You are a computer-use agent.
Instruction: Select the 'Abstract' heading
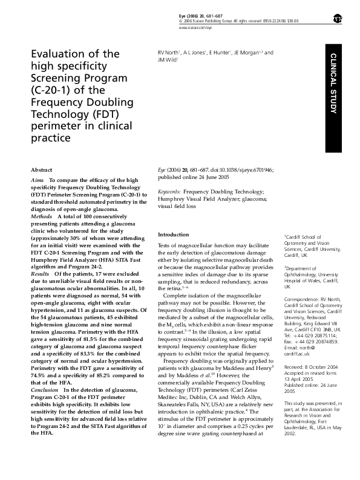[41, 170]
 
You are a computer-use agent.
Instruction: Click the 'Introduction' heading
[174, 234]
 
